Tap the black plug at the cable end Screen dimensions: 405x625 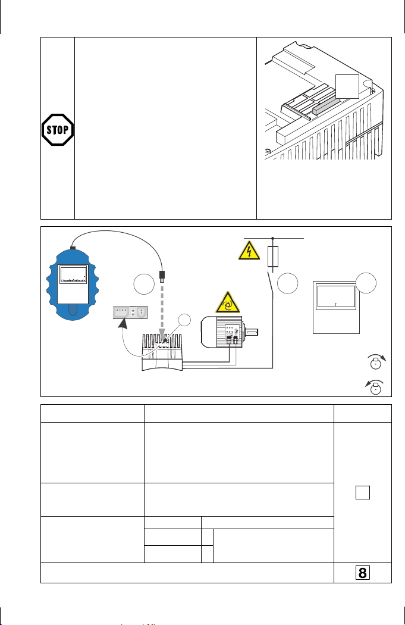point(163,276)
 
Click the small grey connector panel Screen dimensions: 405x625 point(130,311)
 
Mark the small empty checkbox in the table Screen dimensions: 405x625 point(363,492)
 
